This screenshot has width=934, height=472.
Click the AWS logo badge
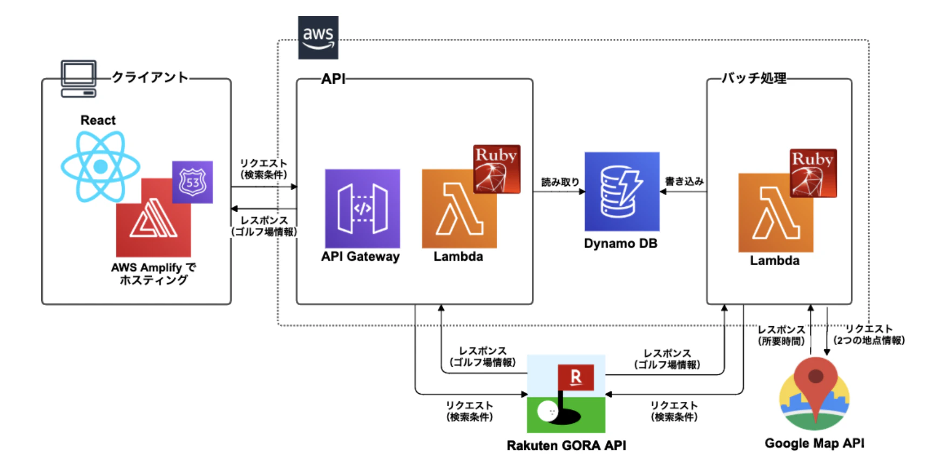318,37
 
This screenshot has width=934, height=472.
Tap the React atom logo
100,166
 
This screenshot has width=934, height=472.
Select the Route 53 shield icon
192,182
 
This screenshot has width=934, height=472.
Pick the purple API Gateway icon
362,208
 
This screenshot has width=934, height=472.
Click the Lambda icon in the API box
459,208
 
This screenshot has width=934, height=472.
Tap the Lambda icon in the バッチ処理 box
775,212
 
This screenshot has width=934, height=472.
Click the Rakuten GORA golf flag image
566,394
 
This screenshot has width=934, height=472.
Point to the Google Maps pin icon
815,393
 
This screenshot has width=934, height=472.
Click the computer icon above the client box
79,79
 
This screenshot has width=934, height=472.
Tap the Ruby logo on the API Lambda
497,169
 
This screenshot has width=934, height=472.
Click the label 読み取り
560,182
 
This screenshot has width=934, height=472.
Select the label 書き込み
684,181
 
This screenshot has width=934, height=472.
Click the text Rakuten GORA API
566,446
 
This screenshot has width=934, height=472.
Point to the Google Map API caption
814,443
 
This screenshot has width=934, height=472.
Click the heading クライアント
150,77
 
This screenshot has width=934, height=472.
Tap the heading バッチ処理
754,78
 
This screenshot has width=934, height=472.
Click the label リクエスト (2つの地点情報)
869,334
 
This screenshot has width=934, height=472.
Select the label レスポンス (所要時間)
781,335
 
